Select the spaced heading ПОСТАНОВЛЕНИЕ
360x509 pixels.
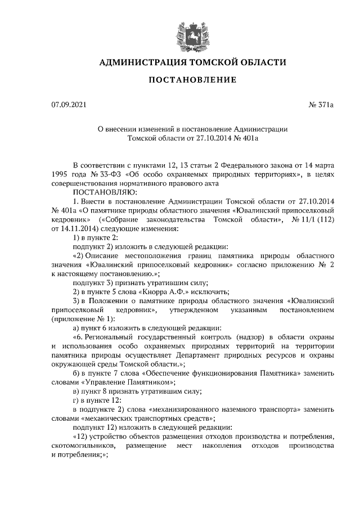coord(192,80)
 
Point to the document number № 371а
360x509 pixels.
coord(321,105)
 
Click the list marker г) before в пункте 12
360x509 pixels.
coord(77,400)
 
